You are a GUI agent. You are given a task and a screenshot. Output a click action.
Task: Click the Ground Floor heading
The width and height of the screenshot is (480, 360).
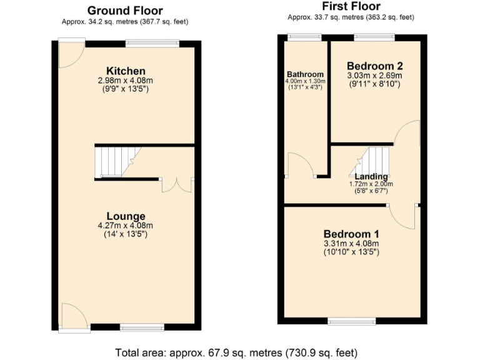[125, 11]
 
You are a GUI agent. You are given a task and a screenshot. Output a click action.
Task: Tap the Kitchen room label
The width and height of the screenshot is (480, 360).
[126, 71]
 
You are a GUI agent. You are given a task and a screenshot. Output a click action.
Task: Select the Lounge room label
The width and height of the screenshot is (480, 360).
[126, 216]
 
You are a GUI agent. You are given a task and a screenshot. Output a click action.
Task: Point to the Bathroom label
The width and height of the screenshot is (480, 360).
[304, 74]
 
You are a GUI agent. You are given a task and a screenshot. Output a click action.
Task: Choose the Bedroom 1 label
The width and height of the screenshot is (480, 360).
[351, 234]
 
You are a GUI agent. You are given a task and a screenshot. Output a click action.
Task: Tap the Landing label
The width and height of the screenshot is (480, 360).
[371, 176]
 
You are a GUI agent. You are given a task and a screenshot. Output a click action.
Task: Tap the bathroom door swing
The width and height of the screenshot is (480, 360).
[298, 165]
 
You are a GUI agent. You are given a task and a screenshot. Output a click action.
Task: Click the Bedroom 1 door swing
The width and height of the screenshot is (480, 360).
[403, 216]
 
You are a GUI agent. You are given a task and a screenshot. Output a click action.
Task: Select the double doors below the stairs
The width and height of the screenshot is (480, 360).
[177, 185]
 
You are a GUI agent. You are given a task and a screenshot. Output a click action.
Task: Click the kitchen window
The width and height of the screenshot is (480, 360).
[152, 43]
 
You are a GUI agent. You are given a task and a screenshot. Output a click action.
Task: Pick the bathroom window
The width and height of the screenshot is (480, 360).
[304, 37]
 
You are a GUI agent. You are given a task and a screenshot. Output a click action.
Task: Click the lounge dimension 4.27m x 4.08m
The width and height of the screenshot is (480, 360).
[126, 226]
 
